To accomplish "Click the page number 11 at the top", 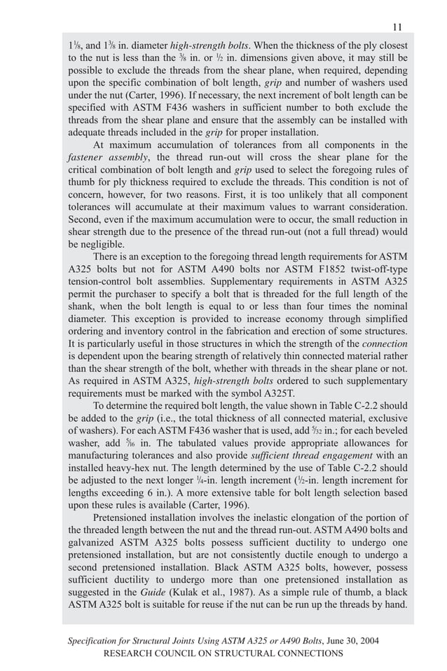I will [x=397, y=27].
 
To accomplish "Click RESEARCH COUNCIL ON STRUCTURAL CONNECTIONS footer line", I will [x=223, y=653].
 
